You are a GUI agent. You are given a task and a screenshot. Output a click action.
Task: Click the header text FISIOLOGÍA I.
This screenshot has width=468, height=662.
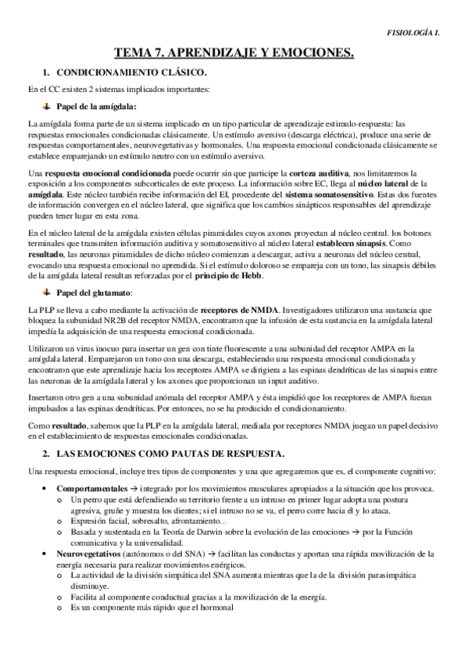[429, 33]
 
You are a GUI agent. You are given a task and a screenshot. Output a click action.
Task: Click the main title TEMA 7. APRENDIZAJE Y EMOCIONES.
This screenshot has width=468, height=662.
[234, 54]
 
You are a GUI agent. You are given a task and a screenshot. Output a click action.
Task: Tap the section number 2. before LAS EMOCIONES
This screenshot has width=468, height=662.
[46, 454]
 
